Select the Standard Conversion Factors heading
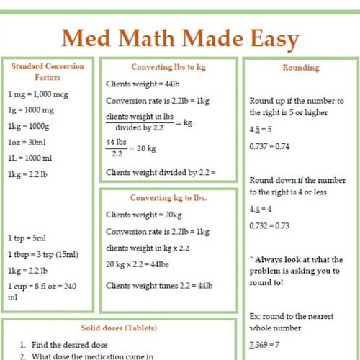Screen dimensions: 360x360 [48, 71]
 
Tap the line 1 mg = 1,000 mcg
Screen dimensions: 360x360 [38, 95]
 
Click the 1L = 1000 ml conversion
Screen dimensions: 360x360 [30, 158]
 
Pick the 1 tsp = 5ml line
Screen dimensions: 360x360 [27, 238]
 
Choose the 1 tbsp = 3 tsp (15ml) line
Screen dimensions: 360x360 [43, 254]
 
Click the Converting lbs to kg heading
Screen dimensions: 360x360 [168, 67]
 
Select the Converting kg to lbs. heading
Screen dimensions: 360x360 [168, 197]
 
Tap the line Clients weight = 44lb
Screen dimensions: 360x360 [142, 84]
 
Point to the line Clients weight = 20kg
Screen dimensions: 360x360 [143, 215]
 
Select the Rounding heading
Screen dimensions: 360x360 [300, 68]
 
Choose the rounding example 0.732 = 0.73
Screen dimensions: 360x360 [269, 225]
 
